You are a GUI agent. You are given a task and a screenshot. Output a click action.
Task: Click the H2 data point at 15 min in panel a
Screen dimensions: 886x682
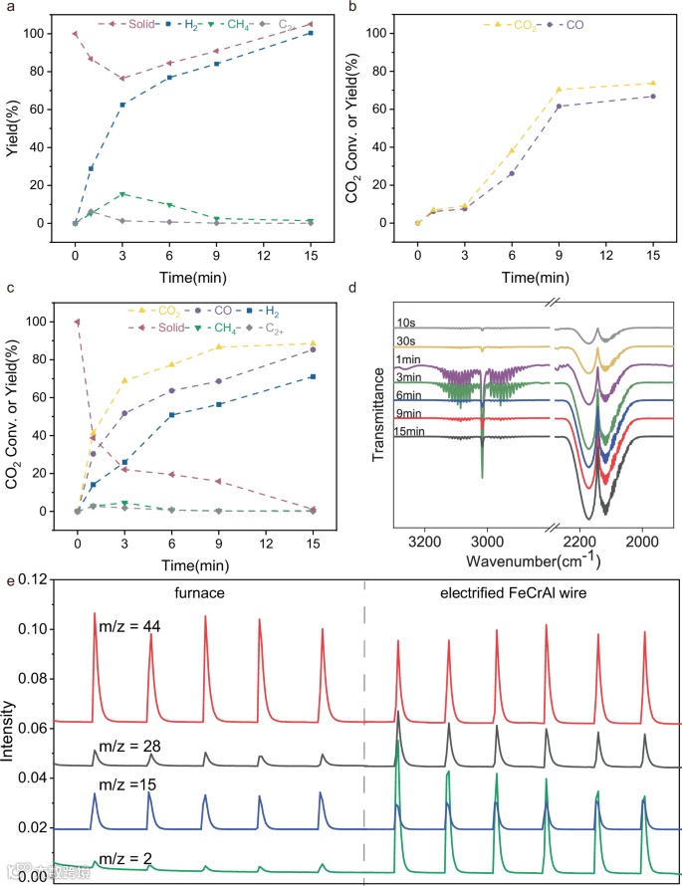pos(310,33)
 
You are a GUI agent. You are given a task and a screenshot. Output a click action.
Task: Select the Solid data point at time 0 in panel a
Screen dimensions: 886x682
pos(75,33)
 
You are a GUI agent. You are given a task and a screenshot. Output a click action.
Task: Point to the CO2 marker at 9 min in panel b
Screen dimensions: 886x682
pos(559,90)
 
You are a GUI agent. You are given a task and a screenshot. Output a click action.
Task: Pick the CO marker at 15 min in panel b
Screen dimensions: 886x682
pos(652,96)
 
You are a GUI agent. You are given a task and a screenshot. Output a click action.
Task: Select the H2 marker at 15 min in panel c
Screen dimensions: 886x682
pos(310,376)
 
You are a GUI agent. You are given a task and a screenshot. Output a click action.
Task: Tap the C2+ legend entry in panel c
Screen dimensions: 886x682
pos(299,327)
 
